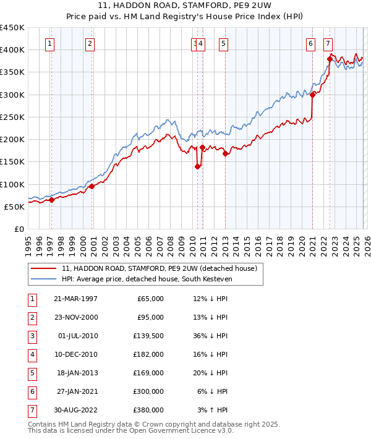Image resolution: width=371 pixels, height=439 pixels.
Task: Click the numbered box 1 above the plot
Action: point(49,43)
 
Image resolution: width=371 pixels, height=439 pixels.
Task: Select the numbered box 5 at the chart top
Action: point(223,43)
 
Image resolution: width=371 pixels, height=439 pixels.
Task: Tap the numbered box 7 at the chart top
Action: point(327,43)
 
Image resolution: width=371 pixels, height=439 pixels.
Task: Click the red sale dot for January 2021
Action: point(313,95)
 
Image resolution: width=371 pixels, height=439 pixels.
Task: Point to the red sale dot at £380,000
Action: point(330,59)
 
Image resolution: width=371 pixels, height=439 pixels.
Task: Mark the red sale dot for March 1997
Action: point(52,200)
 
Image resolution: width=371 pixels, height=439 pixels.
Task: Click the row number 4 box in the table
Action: point(32,354)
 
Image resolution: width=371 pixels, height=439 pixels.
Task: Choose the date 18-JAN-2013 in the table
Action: point(77,373)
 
